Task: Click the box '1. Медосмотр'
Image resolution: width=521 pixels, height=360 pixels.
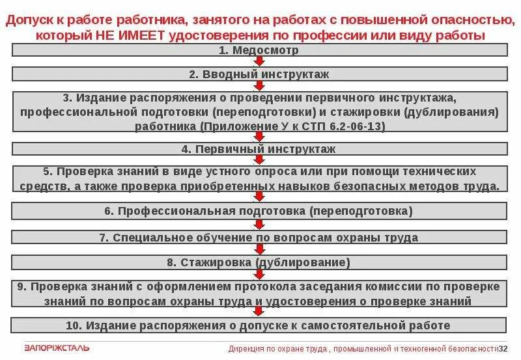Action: [x=259, y=49]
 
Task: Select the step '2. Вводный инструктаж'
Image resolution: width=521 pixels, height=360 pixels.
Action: [x=259, y=74]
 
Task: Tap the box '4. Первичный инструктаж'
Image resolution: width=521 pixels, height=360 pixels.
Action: [x=259, y=149]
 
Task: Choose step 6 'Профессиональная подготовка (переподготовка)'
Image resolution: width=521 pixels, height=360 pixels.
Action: [x=259, y=212]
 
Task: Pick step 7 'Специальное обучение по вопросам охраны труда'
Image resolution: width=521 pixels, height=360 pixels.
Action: [x=259, y=238]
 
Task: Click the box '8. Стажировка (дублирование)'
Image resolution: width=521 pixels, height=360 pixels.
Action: [x=259, y=263]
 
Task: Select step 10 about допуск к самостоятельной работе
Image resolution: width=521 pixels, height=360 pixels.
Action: [x=259, y=325]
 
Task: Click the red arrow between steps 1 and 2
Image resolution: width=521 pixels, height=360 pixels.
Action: [x=259, y=61]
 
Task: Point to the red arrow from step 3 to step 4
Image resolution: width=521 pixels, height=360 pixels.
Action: [x=259, y=136]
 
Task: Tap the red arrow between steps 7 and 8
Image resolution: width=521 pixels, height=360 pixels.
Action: [x=259, y=250]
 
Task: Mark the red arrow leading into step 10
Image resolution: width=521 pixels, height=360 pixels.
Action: [x=259, y=313]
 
